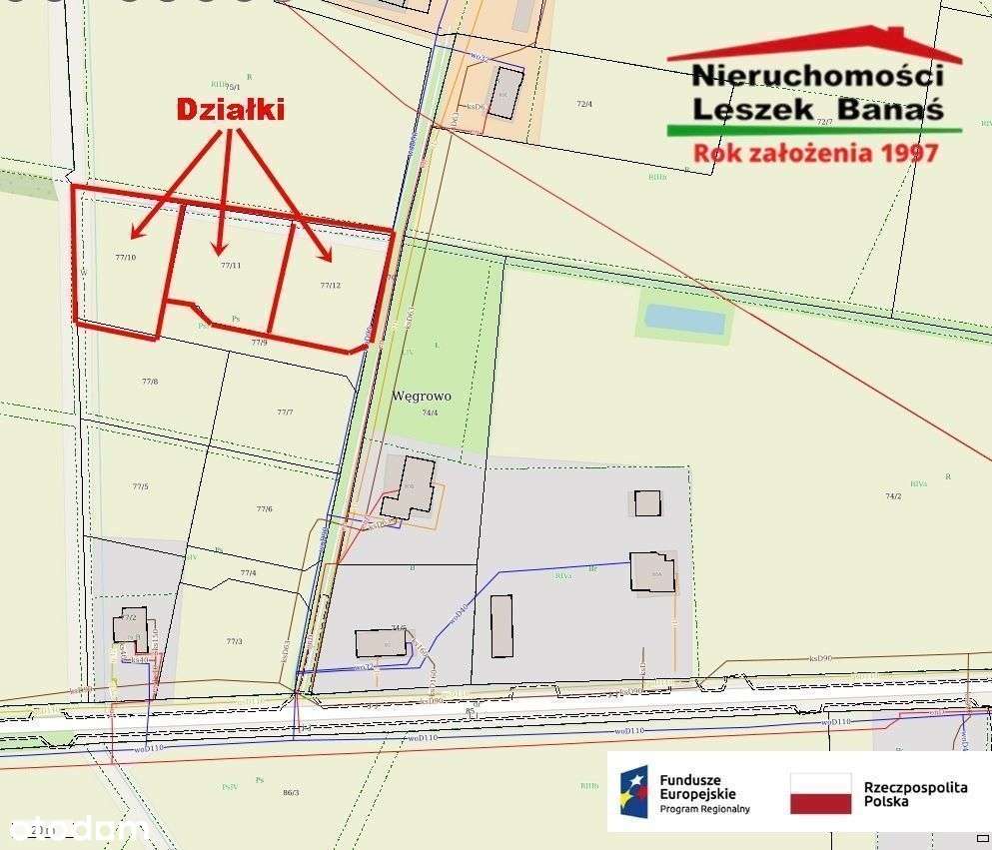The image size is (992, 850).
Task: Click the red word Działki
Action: (230, 109)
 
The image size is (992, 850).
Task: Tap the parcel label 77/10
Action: (125, 259)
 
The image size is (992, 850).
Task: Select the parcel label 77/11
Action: (231, 266)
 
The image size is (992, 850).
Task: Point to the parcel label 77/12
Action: (331, 286)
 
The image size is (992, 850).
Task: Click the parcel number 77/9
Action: (259, 343)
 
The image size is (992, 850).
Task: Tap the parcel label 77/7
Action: (285, 413)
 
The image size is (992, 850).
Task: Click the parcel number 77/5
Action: (140, 486)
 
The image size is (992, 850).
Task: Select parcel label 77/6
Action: (264, 509)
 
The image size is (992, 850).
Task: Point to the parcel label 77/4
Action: (248, 573)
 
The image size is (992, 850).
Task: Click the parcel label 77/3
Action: (234, 641)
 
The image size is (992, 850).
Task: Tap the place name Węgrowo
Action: (423, 397)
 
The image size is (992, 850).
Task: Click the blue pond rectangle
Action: (684, 320)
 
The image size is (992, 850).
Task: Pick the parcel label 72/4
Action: (584, 104)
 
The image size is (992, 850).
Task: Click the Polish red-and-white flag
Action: (820, 793)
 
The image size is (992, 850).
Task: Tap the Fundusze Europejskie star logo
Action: (633, 793)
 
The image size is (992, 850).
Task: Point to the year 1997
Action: (905, 153)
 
